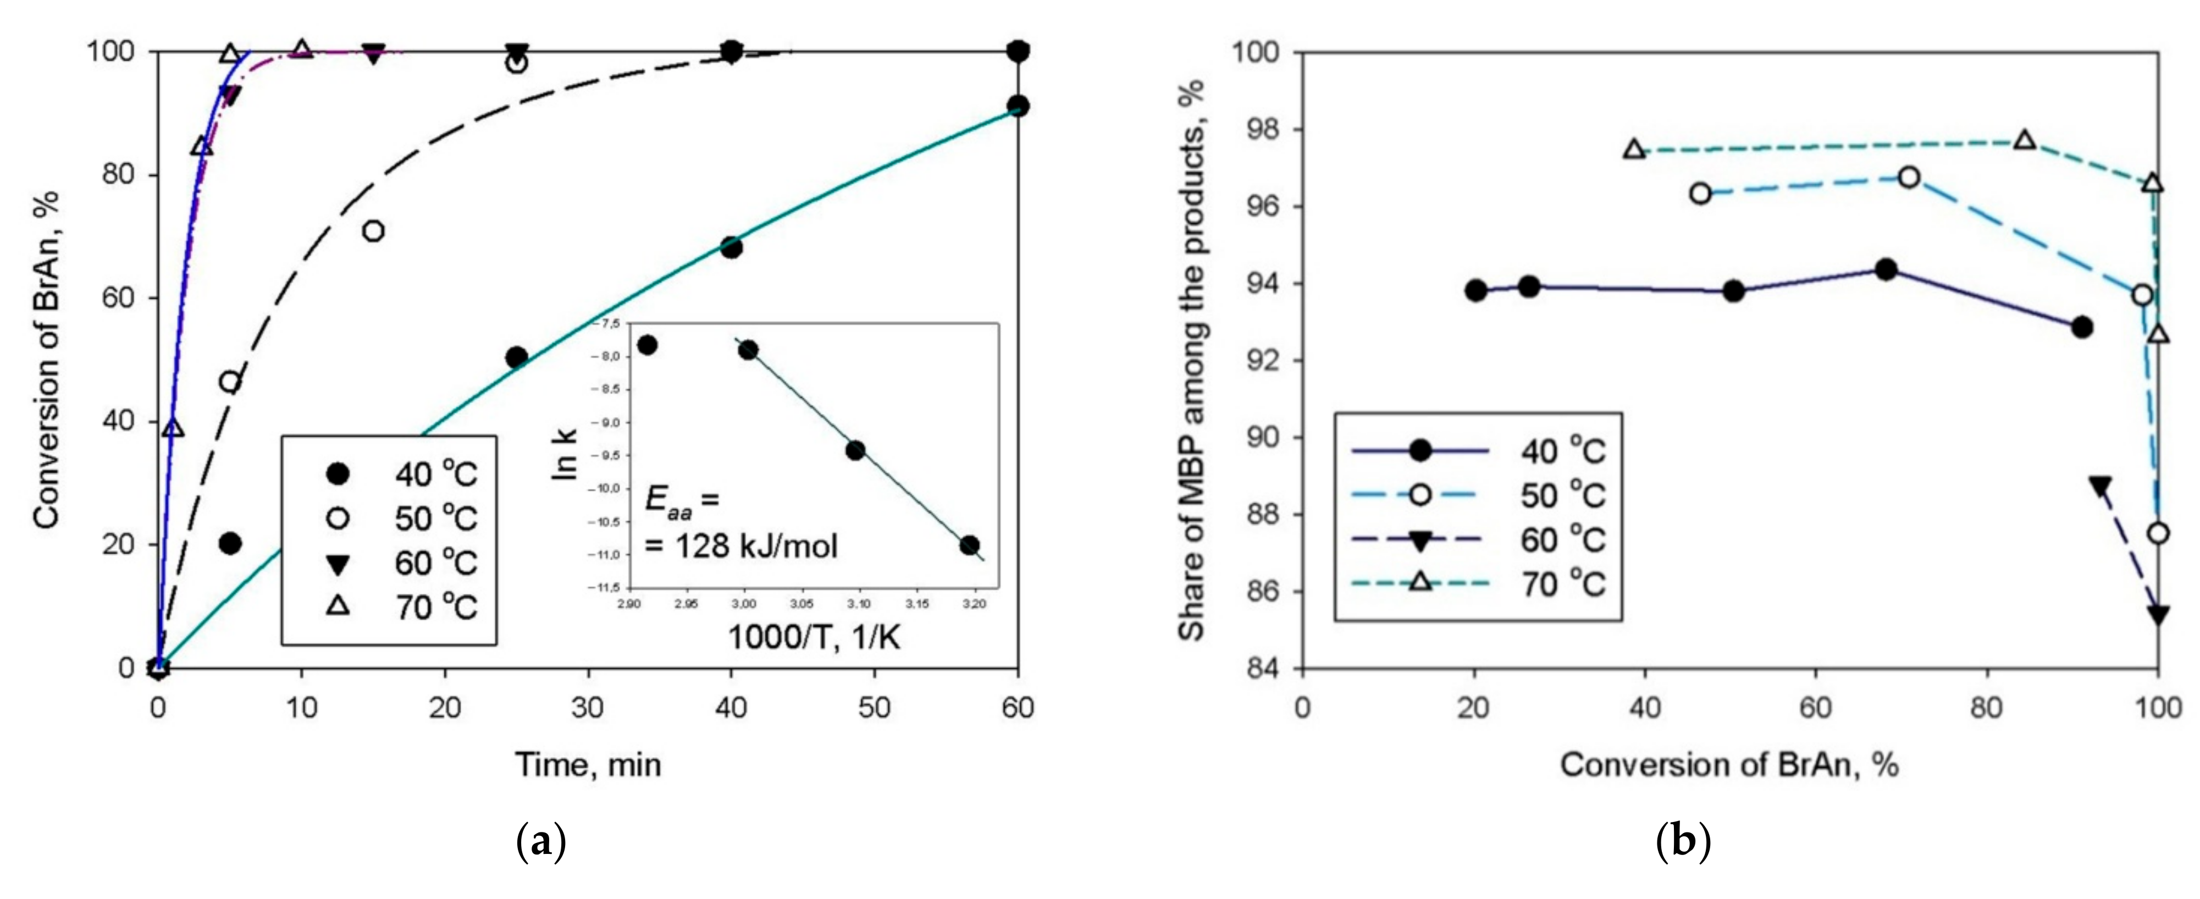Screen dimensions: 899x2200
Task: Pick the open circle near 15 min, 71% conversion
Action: coord(373,231)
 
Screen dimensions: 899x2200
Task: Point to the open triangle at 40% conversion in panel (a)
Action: coord(173,427)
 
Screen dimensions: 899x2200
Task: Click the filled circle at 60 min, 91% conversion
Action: coord(1017,106)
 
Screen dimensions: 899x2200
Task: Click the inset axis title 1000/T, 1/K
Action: coord(813,637)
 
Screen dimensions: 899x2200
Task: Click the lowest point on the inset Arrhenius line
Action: coord(969,545)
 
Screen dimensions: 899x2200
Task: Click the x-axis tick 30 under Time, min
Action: coord(588,708)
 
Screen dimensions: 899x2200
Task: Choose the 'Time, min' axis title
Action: coord(588,764)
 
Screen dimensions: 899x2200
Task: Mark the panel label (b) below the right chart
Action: coord(1683,842)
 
